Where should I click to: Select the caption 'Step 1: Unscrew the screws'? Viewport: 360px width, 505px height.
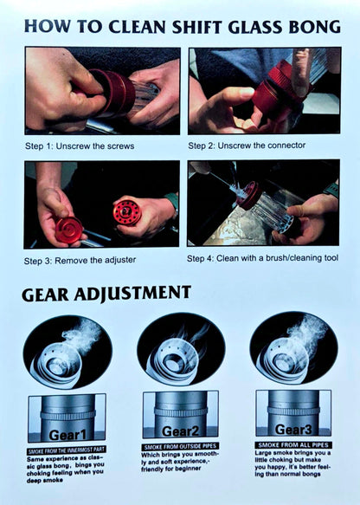pyautogui.click(x=80, y=146)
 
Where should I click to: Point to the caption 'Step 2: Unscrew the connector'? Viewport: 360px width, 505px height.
pyautogui.click(x=247, y=146)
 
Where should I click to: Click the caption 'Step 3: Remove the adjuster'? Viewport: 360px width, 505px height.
pyautogui.click(x=80, y=260)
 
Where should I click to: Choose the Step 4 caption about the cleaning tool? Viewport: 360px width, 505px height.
pyautogui.click(x=262, y=258)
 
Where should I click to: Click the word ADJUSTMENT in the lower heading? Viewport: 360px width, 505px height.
pyautogui.click(x=132, y=294)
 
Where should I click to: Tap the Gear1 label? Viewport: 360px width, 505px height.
pyautogui.click(x=67, y=435)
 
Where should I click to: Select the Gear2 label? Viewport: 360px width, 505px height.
pyautogui.click(x=180, y=431)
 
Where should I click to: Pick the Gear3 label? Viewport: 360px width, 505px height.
pyautogui.click(x=293, y=430)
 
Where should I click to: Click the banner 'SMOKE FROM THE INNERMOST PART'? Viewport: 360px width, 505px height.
pyautogui.click(x=67, y=450)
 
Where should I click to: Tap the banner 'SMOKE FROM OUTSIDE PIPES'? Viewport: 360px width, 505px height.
pyautogui.click(x=180, y=447)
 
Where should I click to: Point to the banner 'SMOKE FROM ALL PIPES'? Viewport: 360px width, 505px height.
pyautogui.click(x=293, y=444)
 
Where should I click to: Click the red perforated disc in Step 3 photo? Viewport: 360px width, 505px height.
pyautogui.click(x=127, y=212)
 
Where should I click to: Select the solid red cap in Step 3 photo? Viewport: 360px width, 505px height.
pyautogui.click(x=68, y=230)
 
